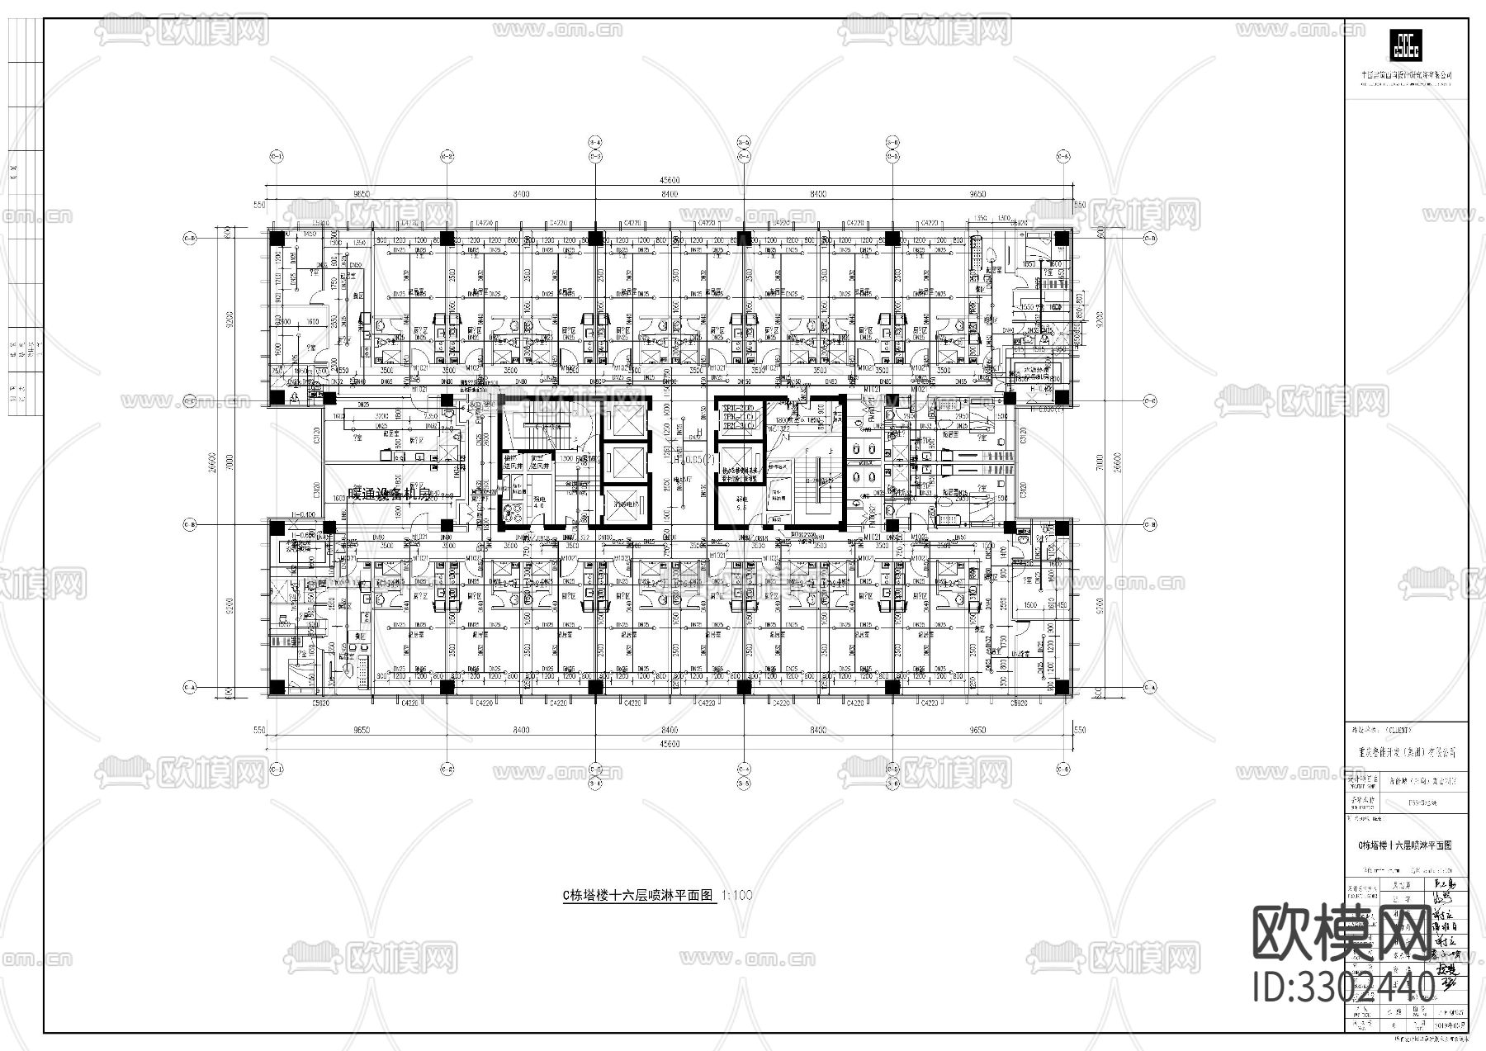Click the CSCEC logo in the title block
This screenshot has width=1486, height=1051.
[1406, 45]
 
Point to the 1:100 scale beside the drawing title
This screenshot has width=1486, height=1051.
[737, 895]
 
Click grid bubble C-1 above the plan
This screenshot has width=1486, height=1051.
[277, 155]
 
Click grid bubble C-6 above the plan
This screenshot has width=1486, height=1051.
[1063, 155]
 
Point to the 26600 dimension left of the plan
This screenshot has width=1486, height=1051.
[213, 462]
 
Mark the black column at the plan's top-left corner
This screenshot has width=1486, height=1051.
[277, 238]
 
